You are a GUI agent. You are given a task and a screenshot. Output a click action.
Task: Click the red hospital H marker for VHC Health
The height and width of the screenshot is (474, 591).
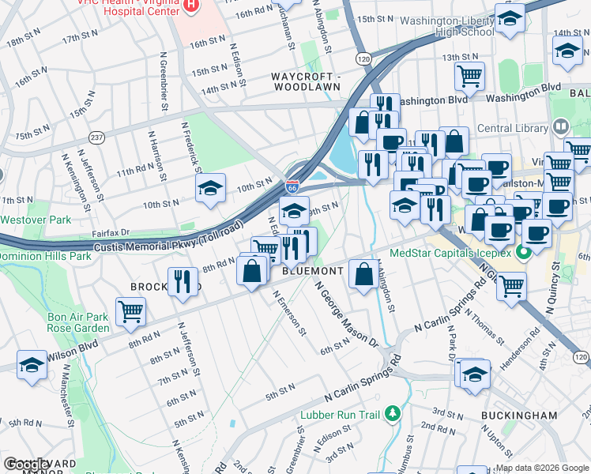pos(190,6)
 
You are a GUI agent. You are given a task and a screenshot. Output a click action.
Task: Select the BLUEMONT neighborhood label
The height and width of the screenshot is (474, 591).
pos(313,270)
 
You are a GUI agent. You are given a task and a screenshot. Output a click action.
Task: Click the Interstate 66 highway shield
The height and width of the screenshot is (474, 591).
pos(292,187)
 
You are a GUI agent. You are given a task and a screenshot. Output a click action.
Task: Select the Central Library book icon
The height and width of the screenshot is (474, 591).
pos(561,127)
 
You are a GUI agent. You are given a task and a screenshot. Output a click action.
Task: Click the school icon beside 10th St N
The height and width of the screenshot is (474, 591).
pos(210,188)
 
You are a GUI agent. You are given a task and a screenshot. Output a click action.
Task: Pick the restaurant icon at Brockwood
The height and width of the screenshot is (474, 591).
pos(183,280)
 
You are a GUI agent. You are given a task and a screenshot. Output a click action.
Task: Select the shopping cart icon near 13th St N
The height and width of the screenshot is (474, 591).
pos(469,76)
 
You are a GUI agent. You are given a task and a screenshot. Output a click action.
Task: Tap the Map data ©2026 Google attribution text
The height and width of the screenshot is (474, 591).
pos(542,468)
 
